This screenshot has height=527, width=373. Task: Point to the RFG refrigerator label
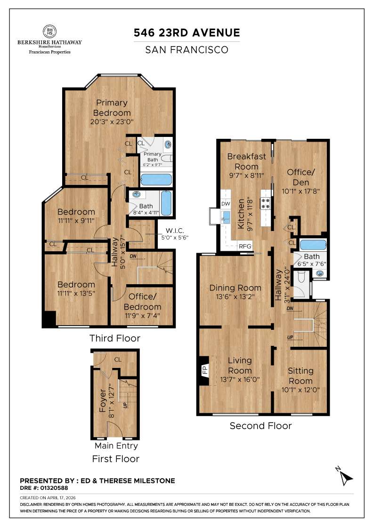click(245, 246)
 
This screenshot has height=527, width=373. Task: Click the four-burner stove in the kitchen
click(265, 203)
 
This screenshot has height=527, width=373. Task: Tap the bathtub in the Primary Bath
click(156, 179)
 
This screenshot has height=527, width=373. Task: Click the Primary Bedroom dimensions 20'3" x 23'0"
click(112, 121)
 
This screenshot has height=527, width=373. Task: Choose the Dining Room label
click(235, 288)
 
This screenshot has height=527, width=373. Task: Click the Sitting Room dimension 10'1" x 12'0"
click(300, 389)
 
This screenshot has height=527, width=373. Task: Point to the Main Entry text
click(116, 446)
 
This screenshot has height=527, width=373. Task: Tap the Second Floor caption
click(260, 426)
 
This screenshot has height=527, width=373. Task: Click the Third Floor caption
click(115, 338)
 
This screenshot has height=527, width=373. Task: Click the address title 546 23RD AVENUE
click(186, 32)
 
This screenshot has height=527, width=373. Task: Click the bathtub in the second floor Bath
click(312, 245)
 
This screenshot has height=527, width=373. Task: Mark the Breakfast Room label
click(246, 161)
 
